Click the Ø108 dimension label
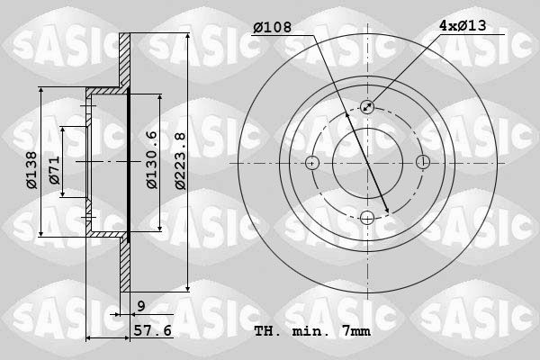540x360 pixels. pyautogui.click(x=274, y=27)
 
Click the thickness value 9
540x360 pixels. pyautogui.click(x=141, y=307)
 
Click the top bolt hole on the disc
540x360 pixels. pyautogui.click(x=367, y=107)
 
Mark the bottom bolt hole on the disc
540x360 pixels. pyautogui.click(x=367, y=217)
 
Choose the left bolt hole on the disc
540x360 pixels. pyautogui.click(x=312, y=163)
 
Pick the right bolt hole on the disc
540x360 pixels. pyautogui.click(x=422, y=163)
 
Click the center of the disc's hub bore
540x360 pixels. pyautogui.click(x=367, y=163)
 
